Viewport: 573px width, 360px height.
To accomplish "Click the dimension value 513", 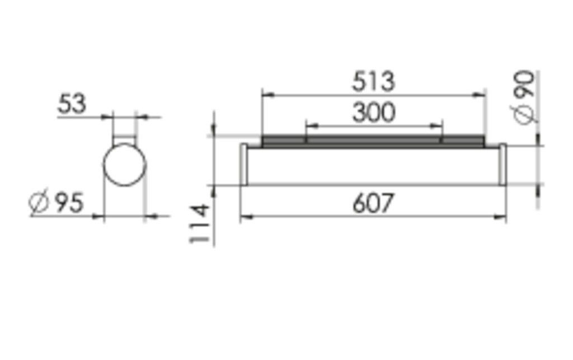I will click(x=373, y=82).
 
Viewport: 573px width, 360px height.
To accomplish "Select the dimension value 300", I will click(x=373, y=113).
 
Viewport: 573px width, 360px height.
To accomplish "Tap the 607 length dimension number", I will click(x=373, y=203).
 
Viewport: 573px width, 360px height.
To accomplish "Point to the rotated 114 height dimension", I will click(x=200, y=224).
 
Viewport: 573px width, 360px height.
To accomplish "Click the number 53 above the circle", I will click(x=73, y=104).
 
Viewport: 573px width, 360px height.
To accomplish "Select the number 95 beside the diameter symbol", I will click(x=68, y=203).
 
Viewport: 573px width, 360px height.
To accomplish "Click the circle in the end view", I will click(x=124, y=165).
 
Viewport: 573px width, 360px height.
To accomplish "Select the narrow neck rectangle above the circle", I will click(x=124, y=133).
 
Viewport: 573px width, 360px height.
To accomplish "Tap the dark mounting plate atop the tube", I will click(x=373, y=141).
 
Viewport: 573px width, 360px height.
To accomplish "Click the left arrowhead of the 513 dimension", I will click(x=266, y=95).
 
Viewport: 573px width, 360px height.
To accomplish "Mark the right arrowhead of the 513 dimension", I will click(x=480, y=95).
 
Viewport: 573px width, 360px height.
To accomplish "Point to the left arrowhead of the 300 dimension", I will click(x=309, y=126).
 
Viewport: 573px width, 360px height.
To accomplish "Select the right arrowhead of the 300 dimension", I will click(x=438, y=126).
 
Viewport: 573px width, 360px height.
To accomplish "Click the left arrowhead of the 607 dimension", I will click(x=245, y=217).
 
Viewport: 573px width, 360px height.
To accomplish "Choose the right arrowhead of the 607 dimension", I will click(x=501, y=217).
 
